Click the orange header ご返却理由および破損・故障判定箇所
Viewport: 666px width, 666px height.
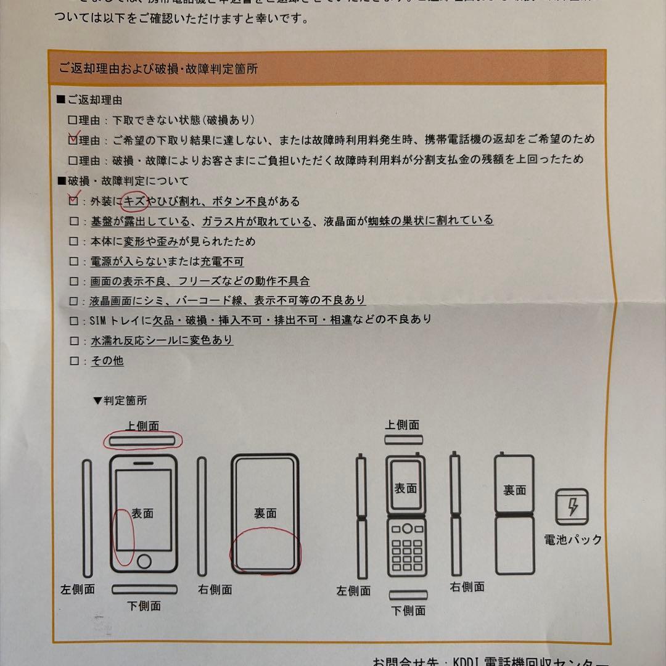click(x=158, y=68)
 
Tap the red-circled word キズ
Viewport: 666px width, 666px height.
click(x=134, y=202)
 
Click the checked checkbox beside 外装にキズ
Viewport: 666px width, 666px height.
click(x=74, y=200)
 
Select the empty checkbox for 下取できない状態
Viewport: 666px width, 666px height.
click(x=73, y=120)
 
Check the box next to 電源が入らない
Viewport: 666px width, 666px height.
click(x=74, y=261)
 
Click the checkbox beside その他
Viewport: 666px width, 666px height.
click(x=74, y=361)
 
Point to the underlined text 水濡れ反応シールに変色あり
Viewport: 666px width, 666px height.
click(x=162, y=340)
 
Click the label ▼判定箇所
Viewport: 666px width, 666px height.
click(x=120, y=400)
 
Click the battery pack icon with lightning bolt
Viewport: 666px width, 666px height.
click(x=572, y=508)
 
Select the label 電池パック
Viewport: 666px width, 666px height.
click(x=572, y=540)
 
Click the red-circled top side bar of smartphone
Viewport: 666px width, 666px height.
click(x=143, y=440)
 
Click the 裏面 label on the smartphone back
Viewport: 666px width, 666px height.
click(x=265, y=513)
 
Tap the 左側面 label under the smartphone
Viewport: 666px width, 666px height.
click(x=78, y=589)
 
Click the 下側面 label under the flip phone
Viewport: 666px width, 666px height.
click(x=408, y=610)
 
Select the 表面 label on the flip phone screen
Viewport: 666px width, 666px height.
click(x=405, y=488)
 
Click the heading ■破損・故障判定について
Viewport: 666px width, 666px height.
click(x=123, y=181)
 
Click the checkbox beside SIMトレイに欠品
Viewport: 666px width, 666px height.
click(x=74, y=321)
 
